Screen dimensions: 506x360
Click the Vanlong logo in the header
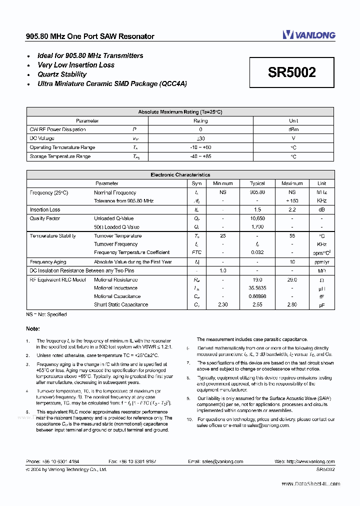308,34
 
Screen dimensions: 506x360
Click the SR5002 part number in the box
292,72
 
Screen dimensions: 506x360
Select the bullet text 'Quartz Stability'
62,74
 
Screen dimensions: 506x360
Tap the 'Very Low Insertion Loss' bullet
76,65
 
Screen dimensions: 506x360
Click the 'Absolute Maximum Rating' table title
180,112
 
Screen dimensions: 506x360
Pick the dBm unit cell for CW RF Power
293,129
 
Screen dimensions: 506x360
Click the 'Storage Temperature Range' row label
60,156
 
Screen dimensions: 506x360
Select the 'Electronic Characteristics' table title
180,175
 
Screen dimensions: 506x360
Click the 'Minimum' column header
222,183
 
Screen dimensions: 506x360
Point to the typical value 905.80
257,192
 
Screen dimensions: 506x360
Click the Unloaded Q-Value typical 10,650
257,218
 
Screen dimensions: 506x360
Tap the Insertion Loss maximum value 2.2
292,210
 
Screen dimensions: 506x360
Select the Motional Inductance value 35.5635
257,288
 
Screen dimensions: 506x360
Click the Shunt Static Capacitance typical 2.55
257,304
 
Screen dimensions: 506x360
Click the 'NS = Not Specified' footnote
46,314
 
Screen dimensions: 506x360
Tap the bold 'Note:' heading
33,328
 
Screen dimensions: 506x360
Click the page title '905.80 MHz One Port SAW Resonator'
90,36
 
